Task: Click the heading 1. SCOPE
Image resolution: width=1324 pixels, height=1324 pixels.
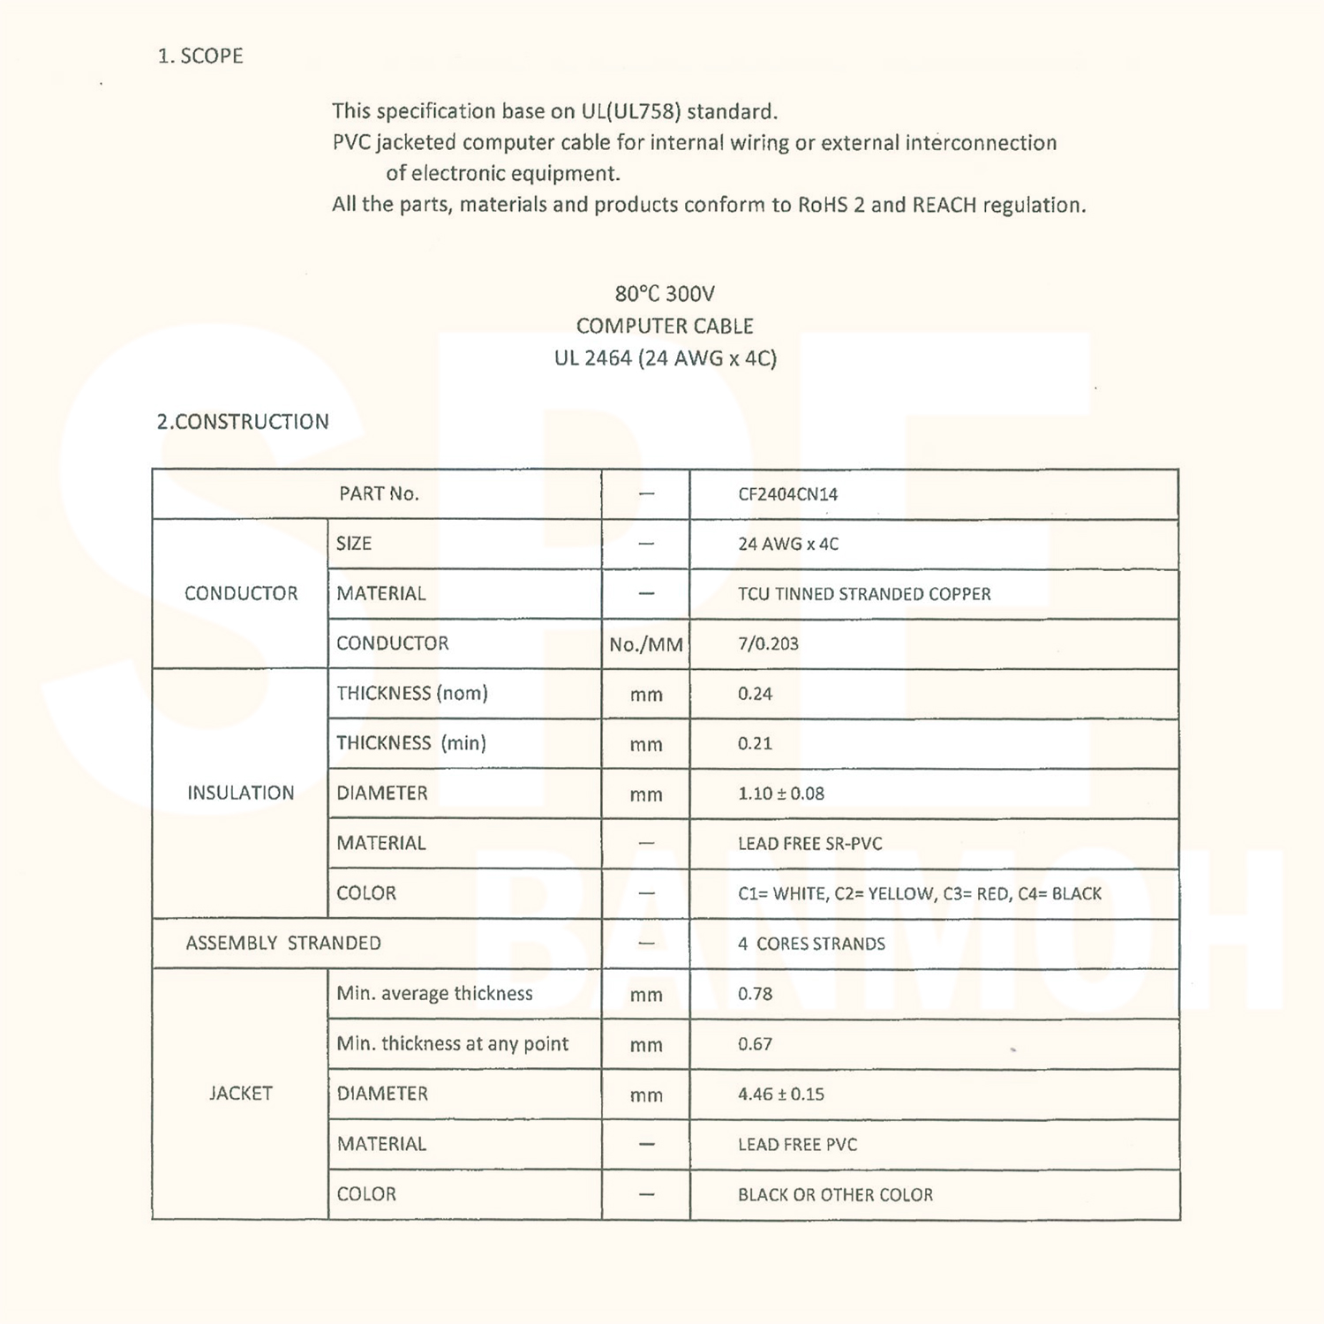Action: pyautogui.click(x=200, y=56)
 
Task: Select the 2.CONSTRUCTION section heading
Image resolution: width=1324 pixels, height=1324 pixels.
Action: pyautogui.click(x=243, y=422)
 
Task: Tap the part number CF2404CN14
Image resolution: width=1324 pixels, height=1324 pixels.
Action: pyautogui.click(x=787, y=494)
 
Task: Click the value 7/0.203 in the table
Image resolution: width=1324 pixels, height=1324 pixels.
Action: pyautogui.click(x=768, y=643)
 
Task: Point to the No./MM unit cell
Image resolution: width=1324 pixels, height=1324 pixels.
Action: pyautogui.click(x=646, y=644)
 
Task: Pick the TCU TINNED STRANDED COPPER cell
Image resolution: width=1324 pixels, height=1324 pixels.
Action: pyautogui.click(x=864, y=594)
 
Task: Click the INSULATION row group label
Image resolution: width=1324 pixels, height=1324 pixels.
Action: pyautogui.click(x=240, y=793)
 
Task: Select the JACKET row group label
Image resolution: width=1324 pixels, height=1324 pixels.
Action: pyautogui.click(x=240, y=1093)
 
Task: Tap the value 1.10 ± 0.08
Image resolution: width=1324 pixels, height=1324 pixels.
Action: pyautogui.click(x=781, y=794)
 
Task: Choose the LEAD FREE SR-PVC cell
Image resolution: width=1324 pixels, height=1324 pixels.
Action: pyautogui.click(x=809, y=844)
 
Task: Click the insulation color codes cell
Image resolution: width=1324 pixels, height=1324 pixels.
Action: pyautogui.click(x=920, y=893)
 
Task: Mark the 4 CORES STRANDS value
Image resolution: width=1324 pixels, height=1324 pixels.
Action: pyautogui.click(x=811, y=944)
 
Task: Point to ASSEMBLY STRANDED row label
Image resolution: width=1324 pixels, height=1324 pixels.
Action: pyautogui.click(x=283, y=943)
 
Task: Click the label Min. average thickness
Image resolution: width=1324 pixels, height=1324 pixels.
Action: pyautogui.click(x=434, y=993)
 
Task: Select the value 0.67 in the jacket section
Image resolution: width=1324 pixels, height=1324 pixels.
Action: pyautogui.click(x=755, y=1044)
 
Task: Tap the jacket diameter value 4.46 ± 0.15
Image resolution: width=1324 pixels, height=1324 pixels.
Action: pyautogui.click(x=781, y=1095)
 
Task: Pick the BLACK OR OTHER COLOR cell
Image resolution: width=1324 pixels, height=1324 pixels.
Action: pyautogui.click(x=835, y=1194)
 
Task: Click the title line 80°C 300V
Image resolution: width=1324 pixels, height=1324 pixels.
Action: pyautogui.click(x=665, y=293)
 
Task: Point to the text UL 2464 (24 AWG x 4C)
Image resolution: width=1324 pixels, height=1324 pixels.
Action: pyautogui.click(x=665, y=358)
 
